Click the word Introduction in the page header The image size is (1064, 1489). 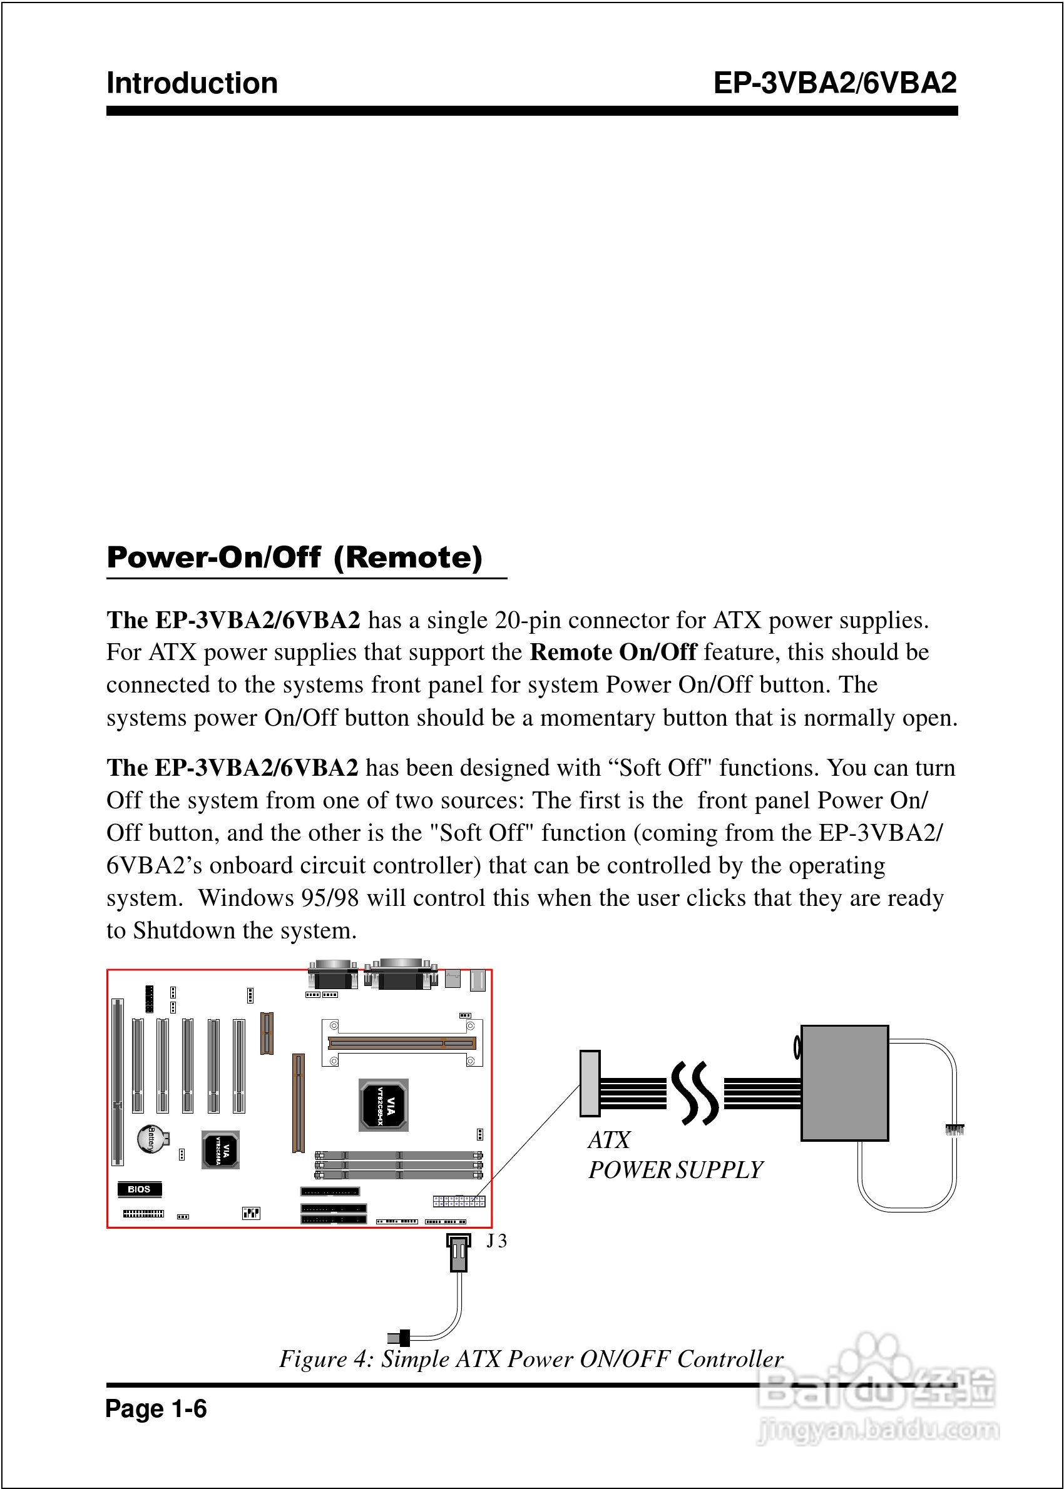[192, 84]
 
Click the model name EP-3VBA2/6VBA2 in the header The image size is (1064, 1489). [835, 83]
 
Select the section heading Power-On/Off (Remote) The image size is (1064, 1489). [295, 557]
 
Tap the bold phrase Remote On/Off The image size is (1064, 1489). [613, 652]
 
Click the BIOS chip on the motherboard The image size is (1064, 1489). [139, 1189]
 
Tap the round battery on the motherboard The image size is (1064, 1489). [151, 1139]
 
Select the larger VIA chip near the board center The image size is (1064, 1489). [384, 1105]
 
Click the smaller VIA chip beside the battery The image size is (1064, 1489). [220, 1150]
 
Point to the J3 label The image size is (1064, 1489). [496, 1241]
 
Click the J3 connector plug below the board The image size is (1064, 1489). [459, 1252]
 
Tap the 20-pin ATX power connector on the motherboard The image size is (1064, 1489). [459, 1201]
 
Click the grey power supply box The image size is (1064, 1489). [844, 1082]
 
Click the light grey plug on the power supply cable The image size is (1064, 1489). [590, 1083]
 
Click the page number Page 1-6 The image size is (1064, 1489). [156, 1408]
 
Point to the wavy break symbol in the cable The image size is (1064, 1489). [695, 1093]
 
